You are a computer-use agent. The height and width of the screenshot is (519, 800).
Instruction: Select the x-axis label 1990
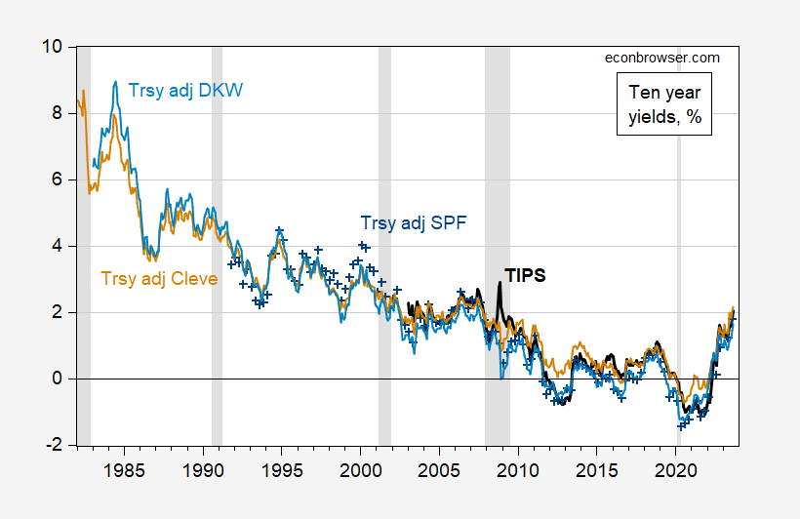click(x=203, y=469)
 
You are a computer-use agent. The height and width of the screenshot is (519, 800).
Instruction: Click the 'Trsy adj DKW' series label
click(x=185, y=91)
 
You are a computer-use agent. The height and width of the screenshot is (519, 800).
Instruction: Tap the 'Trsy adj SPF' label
click(x=414, y=222)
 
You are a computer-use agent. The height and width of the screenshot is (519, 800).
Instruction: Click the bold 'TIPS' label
click(x=524, y=275)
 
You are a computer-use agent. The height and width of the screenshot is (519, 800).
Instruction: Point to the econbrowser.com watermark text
click(x=662, y=58)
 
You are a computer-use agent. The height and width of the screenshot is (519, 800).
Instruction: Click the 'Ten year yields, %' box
click(x=662, y=105)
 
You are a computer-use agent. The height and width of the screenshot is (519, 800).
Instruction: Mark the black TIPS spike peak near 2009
click(x=500, y=283)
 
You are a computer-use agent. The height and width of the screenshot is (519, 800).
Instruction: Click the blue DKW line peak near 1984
click(x=116, y=82)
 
